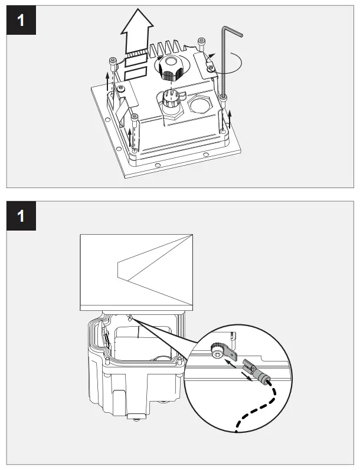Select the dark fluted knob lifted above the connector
171,68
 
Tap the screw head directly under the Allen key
224,97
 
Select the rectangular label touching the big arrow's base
136,61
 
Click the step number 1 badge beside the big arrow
21,20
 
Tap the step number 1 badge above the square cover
21,216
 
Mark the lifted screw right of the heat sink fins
201,44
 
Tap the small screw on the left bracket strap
121,88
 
